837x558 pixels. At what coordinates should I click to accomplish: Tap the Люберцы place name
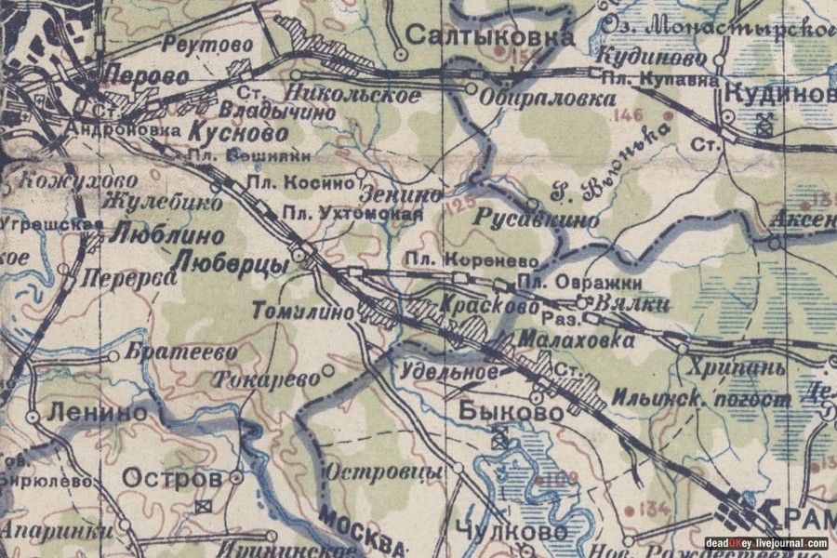[x=232, y=264]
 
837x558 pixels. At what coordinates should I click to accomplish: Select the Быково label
[x=512, y=411]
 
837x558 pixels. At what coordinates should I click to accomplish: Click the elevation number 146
[x=629, y=116]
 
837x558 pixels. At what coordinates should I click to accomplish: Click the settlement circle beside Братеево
[x=113, y=355]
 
